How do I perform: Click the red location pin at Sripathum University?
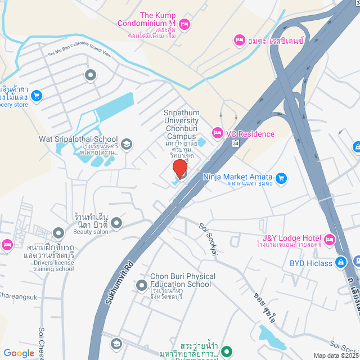pos(180,169)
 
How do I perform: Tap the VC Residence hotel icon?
pos(217,133)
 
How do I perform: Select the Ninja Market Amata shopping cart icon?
pos(282,179)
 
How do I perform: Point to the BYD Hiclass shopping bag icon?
pos(340,262)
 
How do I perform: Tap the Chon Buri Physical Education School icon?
pos(142,285)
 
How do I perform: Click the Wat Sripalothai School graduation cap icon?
pos(127,144)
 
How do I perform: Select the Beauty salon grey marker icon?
pos(116,224)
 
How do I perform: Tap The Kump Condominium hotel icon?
pos(186,24)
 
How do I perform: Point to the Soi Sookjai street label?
pos(208,237)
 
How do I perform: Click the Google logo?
pos(19,353)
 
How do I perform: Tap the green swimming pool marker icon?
pos(227,353)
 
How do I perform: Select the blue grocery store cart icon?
pos(37,96)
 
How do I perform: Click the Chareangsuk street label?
pos(18,294)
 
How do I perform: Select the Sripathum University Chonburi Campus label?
pos(182,124)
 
